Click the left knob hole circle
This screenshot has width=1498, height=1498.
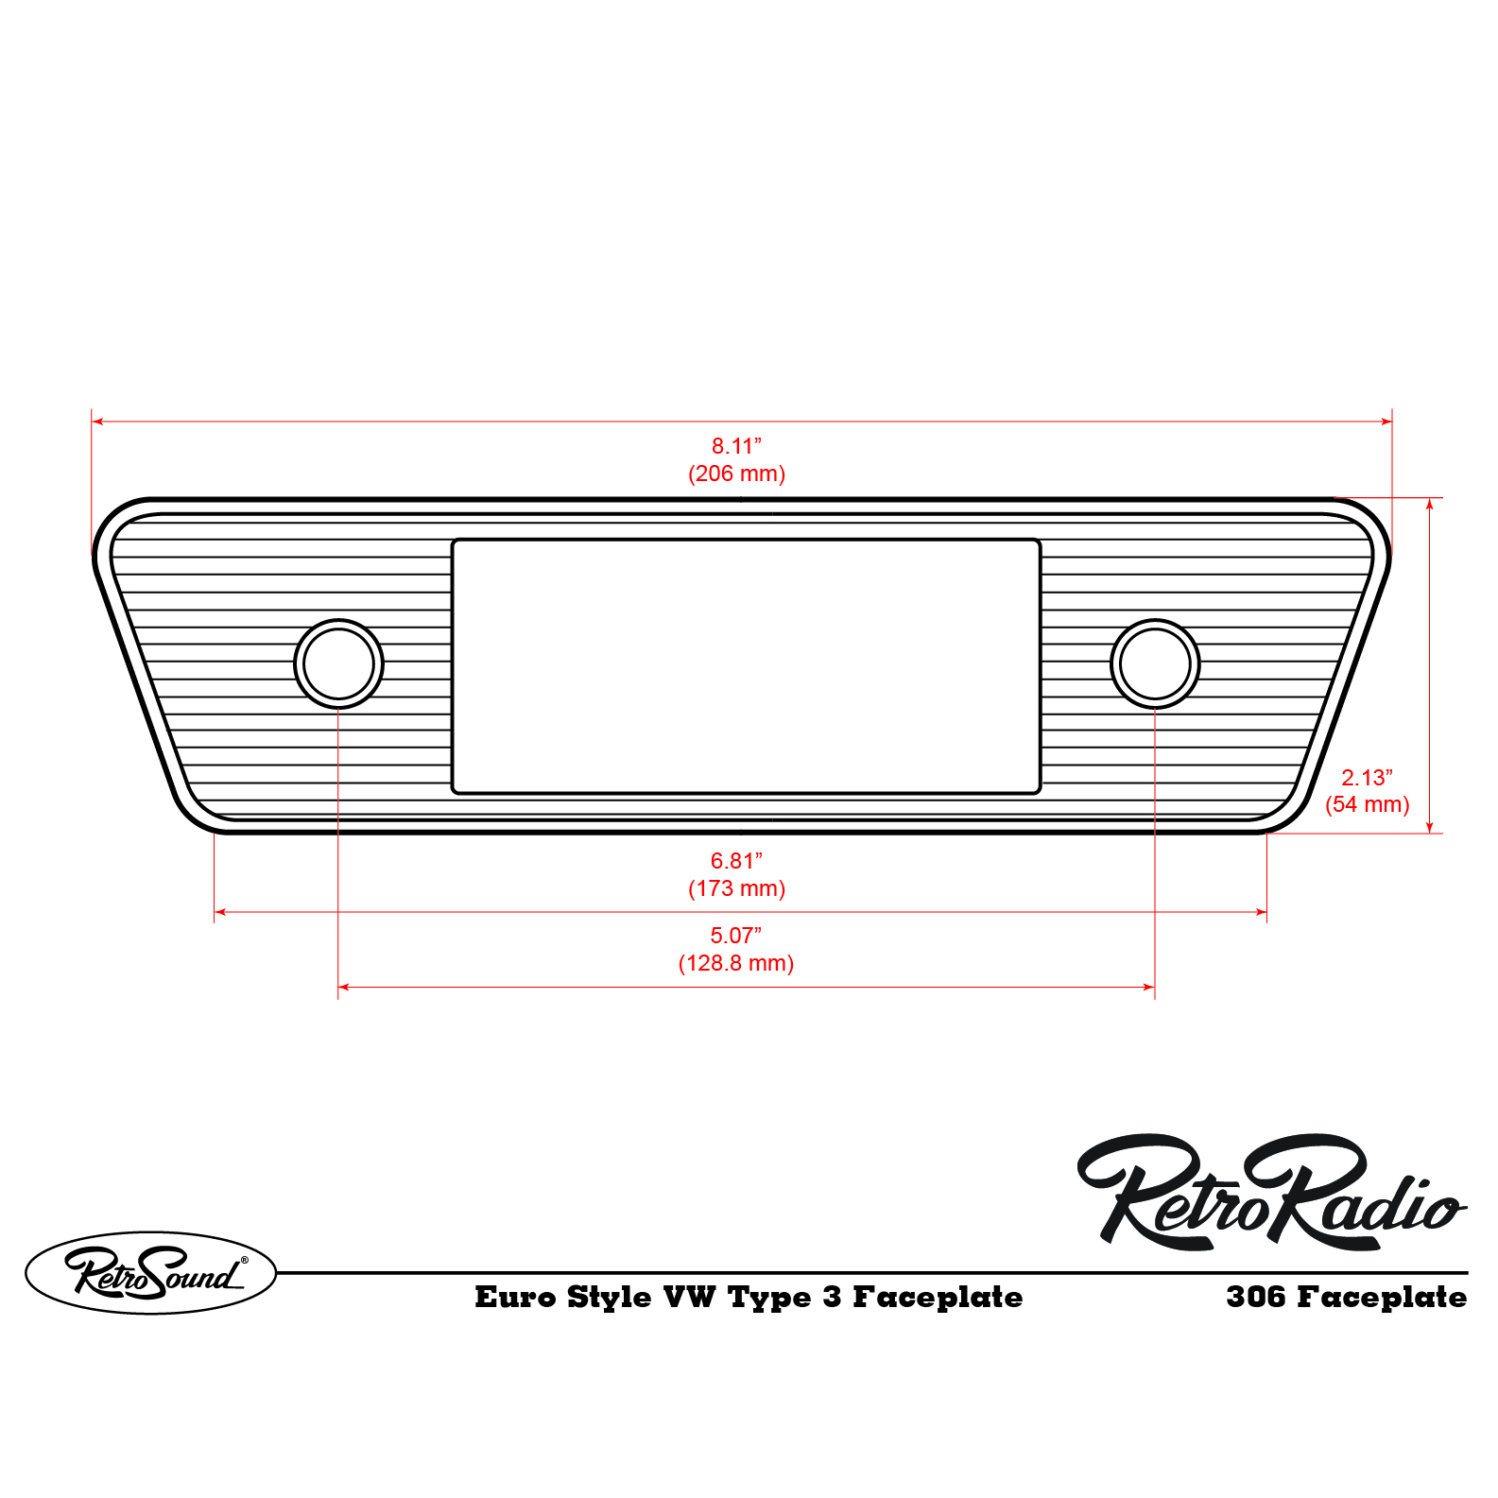(x=338, y=663)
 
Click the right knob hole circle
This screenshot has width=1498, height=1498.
(x=1155, y=663)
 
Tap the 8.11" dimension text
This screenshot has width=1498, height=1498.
(x=736, y=446)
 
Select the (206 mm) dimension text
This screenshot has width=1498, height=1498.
(x=736, y=474)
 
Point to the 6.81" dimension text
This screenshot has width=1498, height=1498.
(x=736, y=861)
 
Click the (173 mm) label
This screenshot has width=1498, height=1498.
(x=736, y=888)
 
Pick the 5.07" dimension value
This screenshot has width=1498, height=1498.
(x=736, y=936)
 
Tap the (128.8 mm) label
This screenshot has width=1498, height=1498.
(x=736, y=963)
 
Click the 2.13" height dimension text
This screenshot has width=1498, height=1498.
(x=1367, y=778)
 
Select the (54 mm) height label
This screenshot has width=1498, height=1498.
(x=1367, y=804)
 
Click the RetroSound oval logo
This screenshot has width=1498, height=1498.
(x=151, y=1273)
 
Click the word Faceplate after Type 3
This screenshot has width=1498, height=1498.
(x=938, y=1298)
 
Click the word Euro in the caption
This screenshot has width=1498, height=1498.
(x=515, y=1297)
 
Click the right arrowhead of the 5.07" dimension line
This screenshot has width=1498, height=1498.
(x=1149, y=987)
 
